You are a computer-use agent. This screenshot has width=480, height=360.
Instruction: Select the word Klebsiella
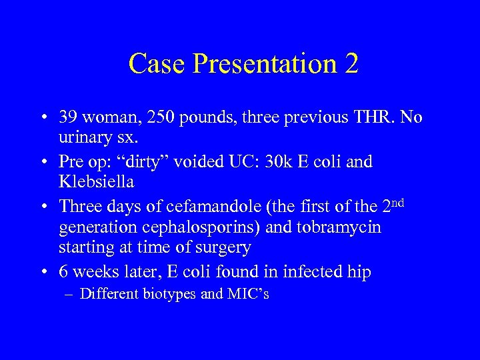[x=97, y=181]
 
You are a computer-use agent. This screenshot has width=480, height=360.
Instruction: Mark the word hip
[x=359, y=272]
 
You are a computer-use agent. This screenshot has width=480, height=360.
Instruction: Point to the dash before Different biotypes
[x=71, y=294]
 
